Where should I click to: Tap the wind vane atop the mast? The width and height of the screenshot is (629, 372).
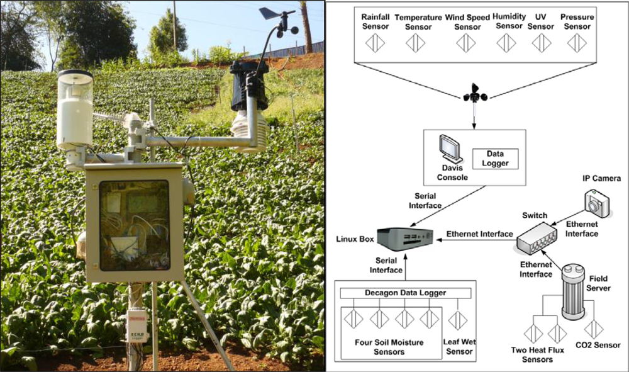tap(272, 13)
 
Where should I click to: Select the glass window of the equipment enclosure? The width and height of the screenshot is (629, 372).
tap(134, 224)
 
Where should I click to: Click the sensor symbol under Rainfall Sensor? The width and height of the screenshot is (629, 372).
tap(376, 43)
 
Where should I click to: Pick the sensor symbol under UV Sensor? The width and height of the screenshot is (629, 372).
tap(541, 43)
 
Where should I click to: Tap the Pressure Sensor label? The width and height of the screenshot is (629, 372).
tap(576, 21)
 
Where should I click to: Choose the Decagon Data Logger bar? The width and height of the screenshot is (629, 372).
tap(405, 293)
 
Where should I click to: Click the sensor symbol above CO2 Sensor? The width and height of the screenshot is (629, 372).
tap(594, 328)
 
